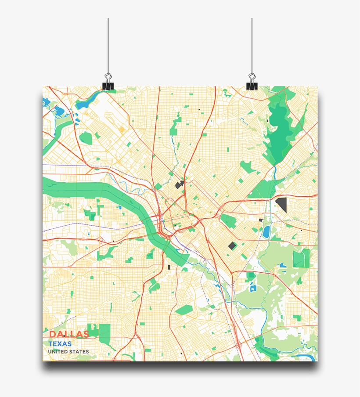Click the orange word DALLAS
(69, 334)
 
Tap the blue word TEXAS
(60, 343)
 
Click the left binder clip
(108, 83)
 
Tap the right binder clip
(252, 83)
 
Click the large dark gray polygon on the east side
(281, 204)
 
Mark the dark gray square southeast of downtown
(232, 245)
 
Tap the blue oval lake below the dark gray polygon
(266, 231)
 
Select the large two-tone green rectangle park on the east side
(301, 258)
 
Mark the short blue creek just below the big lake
(275, 171)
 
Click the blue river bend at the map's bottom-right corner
(303, 357)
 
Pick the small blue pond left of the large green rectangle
(283, 265)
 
